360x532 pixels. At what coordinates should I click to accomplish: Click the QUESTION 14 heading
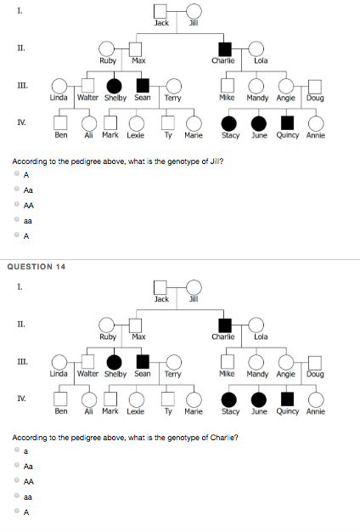pos(36,267)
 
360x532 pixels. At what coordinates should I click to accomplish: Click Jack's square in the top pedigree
pos(160,12)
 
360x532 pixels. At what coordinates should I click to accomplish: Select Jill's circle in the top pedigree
pos(194,12)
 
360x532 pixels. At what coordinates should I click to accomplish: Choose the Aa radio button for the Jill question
pos(17,190)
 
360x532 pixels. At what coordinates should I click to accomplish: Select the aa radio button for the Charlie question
pos(17,496)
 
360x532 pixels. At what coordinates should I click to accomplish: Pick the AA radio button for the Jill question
pos(17,205)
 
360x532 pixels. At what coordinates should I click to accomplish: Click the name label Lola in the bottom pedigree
pos(261,337)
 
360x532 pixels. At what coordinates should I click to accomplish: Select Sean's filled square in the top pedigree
pos(143,85)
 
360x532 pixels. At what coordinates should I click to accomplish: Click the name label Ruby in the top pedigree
pos(108,60)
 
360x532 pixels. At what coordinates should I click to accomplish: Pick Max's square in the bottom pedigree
pos(134,325)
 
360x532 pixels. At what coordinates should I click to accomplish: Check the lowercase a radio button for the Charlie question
pos(17,451)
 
